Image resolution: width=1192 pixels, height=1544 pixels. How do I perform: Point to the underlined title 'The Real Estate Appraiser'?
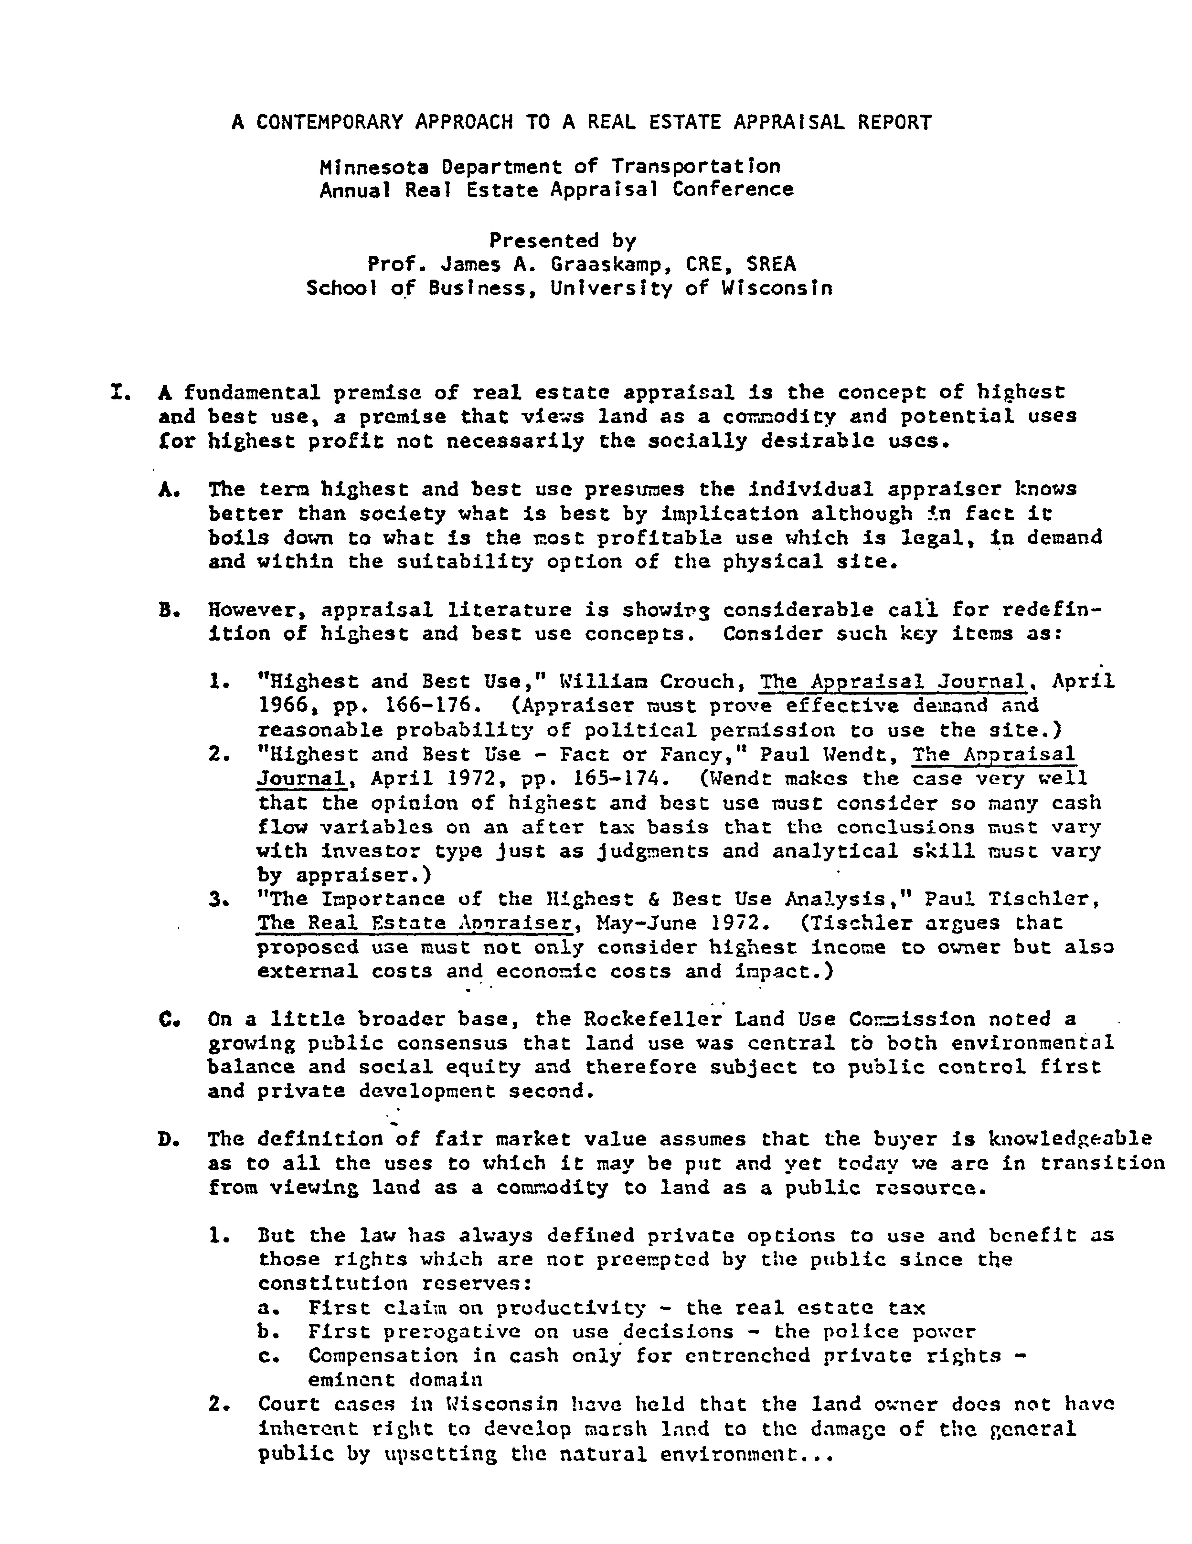[x=414, y=923]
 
